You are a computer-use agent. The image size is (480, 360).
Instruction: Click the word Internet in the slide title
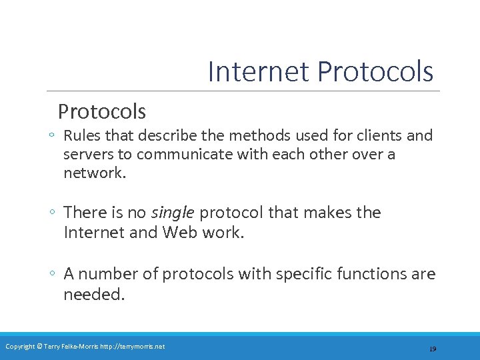point(259,71)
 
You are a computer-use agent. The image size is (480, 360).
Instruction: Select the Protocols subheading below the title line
point(101,110)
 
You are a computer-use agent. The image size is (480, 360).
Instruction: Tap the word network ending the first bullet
point(93,173)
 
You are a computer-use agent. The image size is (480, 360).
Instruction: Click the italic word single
point(173,213)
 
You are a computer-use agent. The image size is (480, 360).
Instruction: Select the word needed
point(93,294)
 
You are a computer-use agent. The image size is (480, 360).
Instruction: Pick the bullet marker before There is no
point(51,213)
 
